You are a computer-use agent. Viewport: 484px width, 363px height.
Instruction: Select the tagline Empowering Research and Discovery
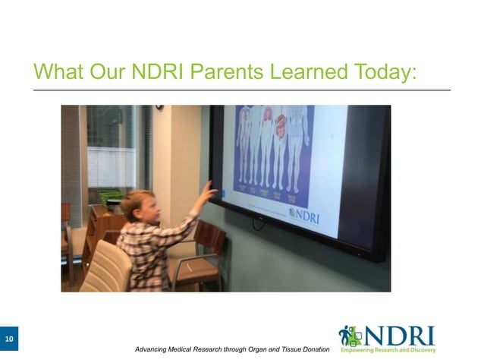pos(388,350)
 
